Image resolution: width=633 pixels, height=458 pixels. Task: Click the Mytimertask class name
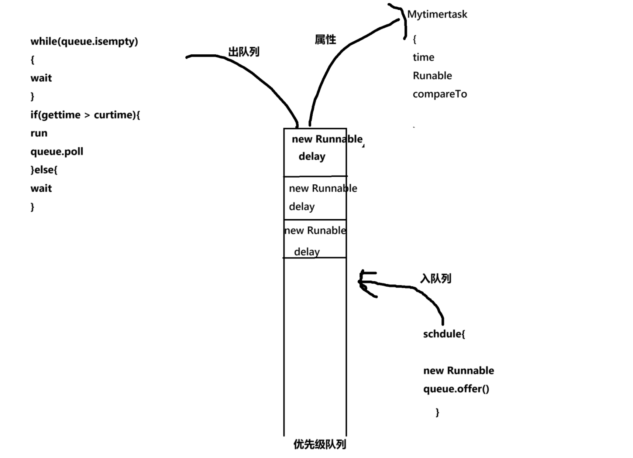coord(437,14)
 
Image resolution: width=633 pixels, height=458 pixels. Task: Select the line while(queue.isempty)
coord(84,41)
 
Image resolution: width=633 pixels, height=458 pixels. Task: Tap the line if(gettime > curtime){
coord(85,115)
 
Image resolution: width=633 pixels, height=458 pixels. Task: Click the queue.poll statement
coord(57,151)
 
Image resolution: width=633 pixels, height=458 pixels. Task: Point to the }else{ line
coord(44,170)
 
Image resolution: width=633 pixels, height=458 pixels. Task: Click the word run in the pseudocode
coord(39,133)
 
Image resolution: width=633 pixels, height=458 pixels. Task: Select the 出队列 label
coord(244,52)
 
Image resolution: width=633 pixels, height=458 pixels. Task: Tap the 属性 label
coord(325,40)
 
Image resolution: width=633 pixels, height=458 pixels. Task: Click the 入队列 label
coord(436,278)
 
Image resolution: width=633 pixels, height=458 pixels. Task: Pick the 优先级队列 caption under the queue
coord(320,444)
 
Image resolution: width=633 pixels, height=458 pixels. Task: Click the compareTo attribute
coord(440,94)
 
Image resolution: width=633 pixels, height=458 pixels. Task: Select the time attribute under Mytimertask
coord(423,57)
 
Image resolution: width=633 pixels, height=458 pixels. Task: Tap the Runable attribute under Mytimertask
coord(432,76)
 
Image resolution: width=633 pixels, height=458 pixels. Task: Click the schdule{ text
coord(444,334)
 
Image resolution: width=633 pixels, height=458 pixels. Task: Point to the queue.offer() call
coord(456,389)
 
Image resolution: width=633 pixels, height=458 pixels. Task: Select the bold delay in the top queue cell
coord(312,157)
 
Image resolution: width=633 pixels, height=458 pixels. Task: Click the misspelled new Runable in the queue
coord(315,230)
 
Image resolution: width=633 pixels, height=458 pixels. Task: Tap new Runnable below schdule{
coord(458,370)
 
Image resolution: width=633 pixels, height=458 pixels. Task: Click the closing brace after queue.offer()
coord(437,412)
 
